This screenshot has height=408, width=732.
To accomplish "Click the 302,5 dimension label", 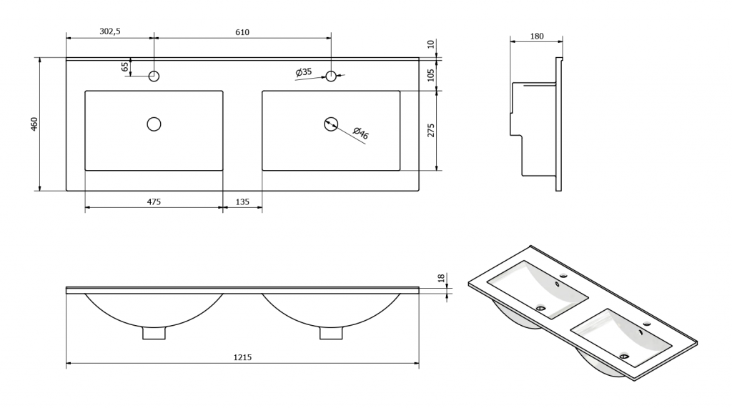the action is tap(110, 31).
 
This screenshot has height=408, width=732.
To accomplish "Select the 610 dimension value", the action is tap(242, 32).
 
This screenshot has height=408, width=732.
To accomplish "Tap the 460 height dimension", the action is tap(34, 124).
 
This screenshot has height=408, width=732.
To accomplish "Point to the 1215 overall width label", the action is tap(242, 357).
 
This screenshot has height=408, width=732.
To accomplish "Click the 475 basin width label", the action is tap(154, 201).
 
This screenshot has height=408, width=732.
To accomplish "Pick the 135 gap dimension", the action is tap(242, 201).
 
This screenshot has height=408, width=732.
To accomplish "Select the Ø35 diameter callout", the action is tap(304, 72).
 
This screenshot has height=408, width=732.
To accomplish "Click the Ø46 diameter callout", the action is tap(361, 133).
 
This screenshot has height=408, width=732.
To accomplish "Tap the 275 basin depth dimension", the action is tap(431, 130).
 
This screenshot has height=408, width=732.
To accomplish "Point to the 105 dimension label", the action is tap(431, 75).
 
